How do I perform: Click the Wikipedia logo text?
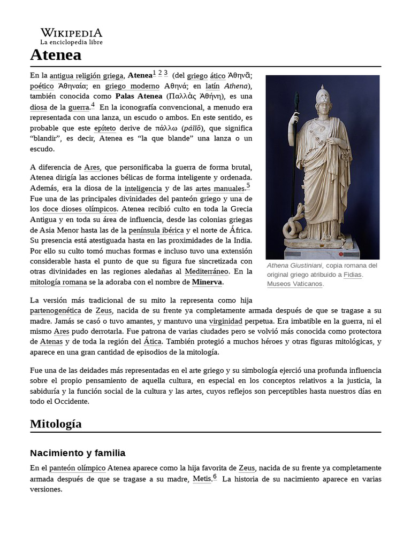71,33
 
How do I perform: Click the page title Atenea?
56,54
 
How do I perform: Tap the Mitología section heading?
56,424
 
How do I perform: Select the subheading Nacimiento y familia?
78,453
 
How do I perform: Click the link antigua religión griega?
87,75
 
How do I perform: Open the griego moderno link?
132,86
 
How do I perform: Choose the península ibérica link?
153,230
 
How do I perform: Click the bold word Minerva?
207,282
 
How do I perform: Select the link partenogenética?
56,310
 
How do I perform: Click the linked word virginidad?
225,321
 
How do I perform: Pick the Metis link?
202,479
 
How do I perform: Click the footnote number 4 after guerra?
93,105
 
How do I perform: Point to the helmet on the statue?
324,96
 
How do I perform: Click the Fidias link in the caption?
353,275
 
